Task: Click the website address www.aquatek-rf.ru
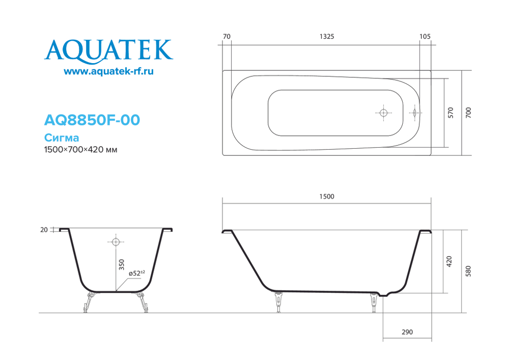pos(108,72)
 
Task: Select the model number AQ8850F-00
pos(92,120)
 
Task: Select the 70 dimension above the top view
pos(227,37)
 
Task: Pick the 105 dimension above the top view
pos(426,37)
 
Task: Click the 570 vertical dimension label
pos(450,113)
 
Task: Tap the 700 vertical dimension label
pos(468,113)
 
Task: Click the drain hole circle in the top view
pos(384,113)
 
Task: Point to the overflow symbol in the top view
pos(415,113)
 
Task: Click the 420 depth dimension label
pos(448,262)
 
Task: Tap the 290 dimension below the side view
pos(407,332)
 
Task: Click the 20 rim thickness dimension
pos(44,230)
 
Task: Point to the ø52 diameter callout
pos(136,273)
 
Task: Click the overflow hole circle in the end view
pos(116,242)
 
